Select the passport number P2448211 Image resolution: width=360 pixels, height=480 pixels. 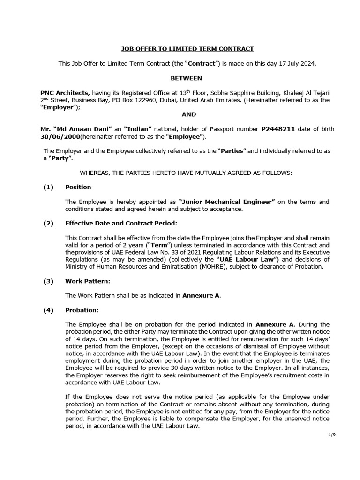click(278, 129)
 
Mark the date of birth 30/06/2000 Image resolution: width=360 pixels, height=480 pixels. click(60, 137)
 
